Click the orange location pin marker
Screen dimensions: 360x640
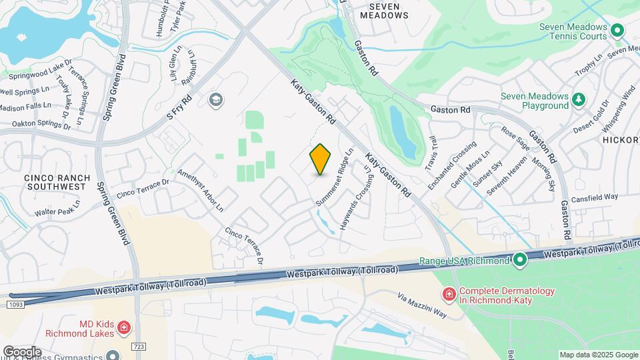tap(320, 159)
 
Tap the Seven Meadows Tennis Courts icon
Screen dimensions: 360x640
tap(617, 30)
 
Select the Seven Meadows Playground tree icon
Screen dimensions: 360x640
tap(579, 100)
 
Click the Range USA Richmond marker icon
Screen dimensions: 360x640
tap(520, 259)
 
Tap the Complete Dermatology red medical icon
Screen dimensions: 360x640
tap(449, 293)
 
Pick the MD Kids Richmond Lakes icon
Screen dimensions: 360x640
tap(123, 327)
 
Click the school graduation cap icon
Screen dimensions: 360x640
tap(215, 100)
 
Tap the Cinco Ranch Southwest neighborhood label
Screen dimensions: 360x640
tap(55, 182)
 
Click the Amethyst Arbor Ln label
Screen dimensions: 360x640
tap(200, 189)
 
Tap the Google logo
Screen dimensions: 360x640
tap(22, 351)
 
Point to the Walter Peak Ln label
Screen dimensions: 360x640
tap(57, 212)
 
